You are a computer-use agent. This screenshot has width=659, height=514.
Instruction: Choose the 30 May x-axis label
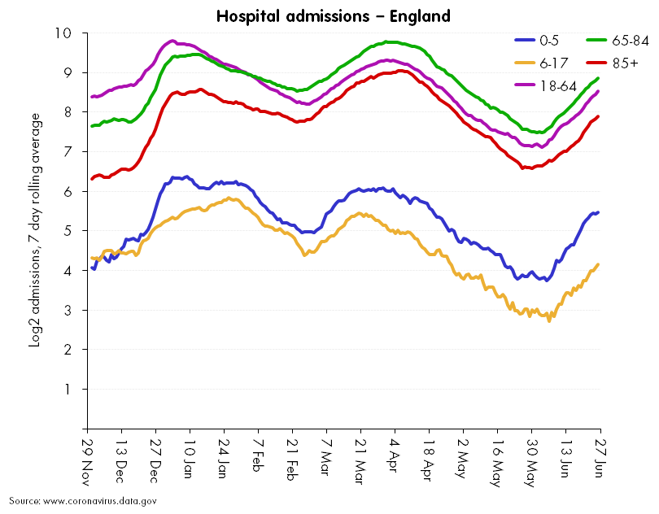[530, 460]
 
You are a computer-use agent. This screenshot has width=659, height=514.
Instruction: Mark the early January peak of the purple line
[172, 41]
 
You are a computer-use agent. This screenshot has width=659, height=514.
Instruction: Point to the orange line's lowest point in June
[548, 320]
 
